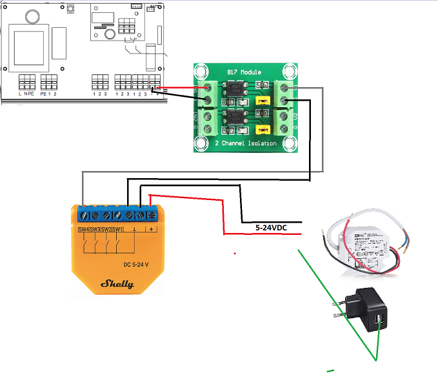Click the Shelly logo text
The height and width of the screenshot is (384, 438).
117,283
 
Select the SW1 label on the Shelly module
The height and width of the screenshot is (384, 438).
117,229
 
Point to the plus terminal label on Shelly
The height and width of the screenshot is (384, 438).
152,229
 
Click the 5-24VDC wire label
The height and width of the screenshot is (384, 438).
271,228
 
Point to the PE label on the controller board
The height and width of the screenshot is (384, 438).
43,94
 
